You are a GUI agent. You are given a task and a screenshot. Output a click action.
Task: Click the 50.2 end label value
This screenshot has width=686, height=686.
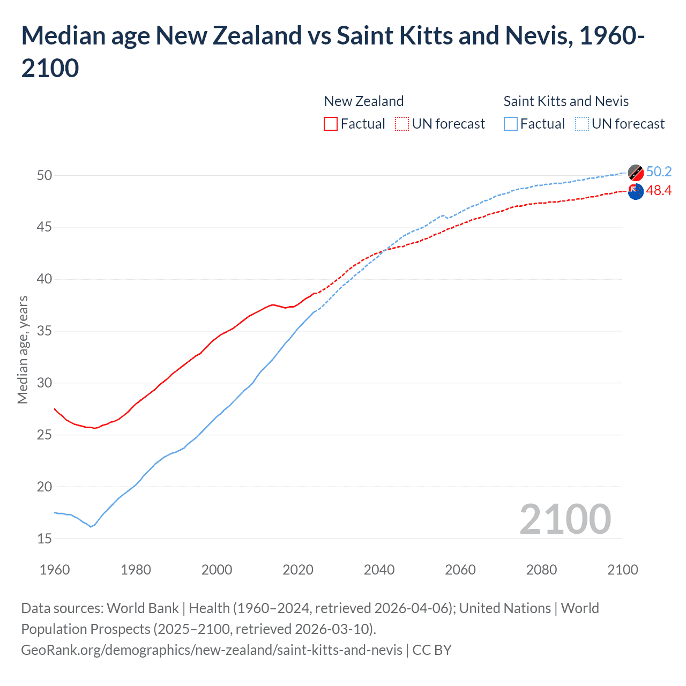tap(659, 171)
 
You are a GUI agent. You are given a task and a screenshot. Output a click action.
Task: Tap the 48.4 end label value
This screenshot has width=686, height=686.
tap(659, 190)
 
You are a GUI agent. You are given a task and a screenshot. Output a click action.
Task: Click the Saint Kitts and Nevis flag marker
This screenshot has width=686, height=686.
tap(636, 173)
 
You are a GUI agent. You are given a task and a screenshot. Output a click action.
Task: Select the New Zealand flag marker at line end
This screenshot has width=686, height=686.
tap(636, 191)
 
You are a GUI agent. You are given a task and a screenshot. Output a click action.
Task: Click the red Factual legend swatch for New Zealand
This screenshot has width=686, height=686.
tap(331, 124)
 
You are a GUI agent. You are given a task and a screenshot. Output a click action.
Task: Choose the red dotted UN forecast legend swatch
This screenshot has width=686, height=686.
tap(402, 124)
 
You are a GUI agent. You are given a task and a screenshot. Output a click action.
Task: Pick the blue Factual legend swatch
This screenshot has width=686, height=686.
tap(511, 124)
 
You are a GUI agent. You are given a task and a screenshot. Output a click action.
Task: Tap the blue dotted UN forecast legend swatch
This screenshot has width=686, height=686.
tap(582, 124)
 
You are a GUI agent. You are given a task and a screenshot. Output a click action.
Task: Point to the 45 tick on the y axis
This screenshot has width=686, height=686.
tap(44, 227)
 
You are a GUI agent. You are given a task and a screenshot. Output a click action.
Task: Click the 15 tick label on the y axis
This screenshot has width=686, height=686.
tap(44, 539)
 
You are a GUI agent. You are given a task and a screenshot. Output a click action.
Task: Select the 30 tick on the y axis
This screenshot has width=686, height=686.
tap(44, 383)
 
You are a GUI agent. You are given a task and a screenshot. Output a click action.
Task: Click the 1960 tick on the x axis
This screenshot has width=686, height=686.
tap(55, 570)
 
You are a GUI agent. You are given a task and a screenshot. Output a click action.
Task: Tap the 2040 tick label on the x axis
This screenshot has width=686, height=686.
tap(379, 570)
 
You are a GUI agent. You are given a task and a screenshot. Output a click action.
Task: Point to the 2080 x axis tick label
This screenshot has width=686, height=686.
tap(541, 570)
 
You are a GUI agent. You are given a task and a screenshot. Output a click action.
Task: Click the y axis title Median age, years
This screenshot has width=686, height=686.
tap(23, 349)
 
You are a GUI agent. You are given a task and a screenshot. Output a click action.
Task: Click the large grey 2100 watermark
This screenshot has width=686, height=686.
tap(565, 519)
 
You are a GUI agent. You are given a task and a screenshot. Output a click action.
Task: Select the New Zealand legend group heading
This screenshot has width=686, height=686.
tap(363, 101)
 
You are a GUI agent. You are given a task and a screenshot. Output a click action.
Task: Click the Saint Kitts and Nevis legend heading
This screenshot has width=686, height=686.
tap(566, 101)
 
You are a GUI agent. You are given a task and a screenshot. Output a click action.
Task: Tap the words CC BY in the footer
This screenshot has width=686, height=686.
tap(432, 650)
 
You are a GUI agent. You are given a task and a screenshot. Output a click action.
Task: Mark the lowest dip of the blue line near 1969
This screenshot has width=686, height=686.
tap(91, 527)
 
